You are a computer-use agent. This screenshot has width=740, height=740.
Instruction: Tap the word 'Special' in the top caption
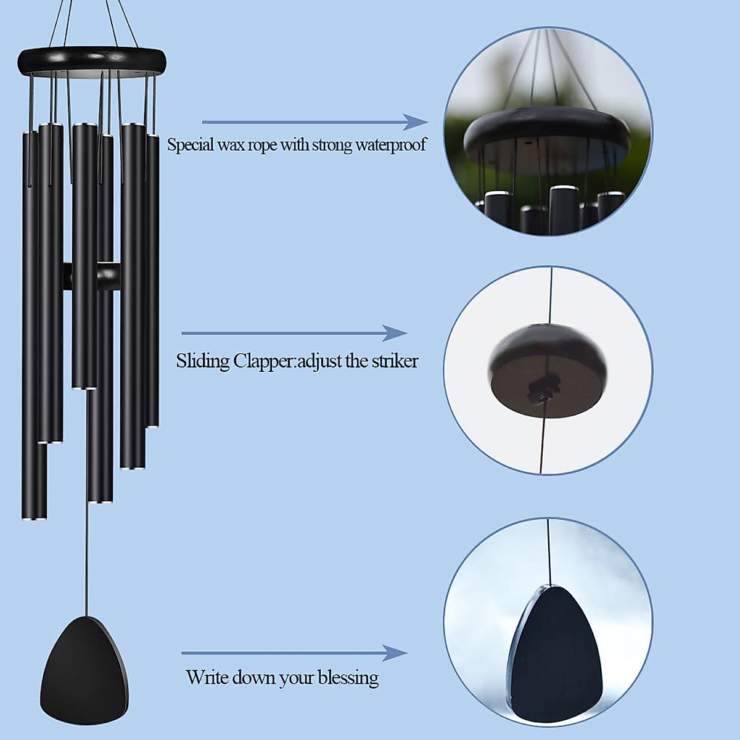pyautogui.click(x=191, y=146)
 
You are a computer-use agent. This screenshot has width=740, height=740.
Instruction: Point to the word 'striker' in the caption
pyautogui.click(x=395, y=361)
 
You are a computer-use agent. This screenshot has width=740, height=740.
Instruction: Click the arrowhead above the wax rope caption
pyautogui.click(x=414, y=122)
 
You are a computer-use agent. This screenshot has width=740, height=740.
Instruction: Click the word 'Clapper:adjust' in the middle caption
pyautogui.click(x=287, y=361)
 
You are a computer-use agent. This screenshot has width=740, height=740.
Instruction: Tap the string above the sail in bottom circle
pyautogui.click(x=548, y=549)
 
